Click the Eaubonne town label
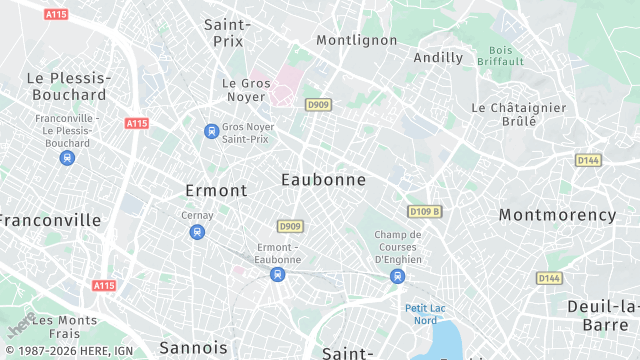(x=323, y=180)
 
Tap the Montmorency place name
(x=557, y=215)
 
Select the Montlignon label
(x=356, y=40)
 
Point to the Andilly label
(x=438, y=57)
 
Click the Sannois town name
(x=193, y=347)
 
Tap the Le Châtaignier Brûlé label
(x=518, y=114)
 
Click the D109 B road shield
(x=425, y=212)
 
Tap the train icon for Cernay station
(x=197, y=232)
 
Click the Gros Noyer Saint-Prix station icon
(x=211, y=131)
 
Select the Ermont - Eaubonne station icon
(x=278, y=274)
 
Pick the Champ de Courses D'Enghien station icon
(x=398, y=276)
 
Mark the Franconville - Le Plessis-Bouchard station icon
(x=67, y=157)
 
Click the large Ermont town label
(x=216, y=190)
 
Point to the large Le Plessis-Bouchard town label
(x=67, y=86)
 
